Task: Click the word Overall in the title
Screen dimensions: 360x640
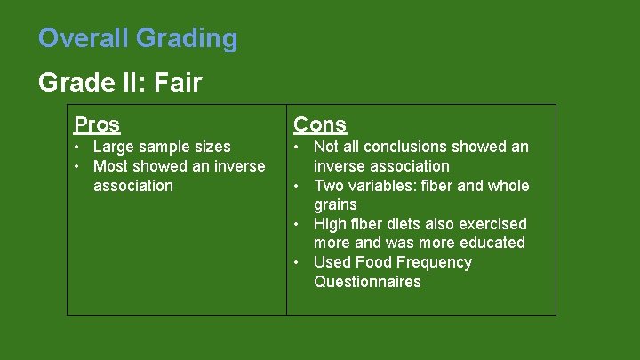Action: point(84,38)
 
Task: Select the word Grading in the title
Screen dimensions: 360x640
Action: point(187,39)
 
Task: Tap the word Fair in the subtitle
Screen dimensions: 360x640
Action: point(178,84)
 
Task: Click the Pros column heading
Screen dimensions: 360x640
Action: point(97,124)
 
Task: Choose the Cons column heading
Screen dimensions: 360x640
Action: point(320,124)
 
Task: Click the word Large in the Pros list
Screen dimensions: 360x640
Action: point(114,147)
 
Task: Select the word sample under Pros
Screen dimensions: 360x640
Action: point(164,148)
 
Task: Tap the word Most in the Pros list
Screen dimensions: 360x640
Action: point(112,166)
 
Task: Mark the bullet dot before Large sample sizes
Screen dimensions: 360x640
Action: point(78,147)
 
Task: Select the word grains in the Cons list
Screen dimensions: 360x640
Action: point(335,205)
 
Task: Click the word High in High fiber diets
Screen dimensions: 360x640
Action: point(332,224)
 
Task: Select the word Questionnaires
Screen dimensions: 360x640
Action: point(367,282)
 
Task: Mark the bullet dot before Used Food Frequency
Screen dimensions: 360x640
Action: point(300,262)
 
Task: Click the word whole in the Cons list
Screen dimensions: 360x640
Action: point(508,186)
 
